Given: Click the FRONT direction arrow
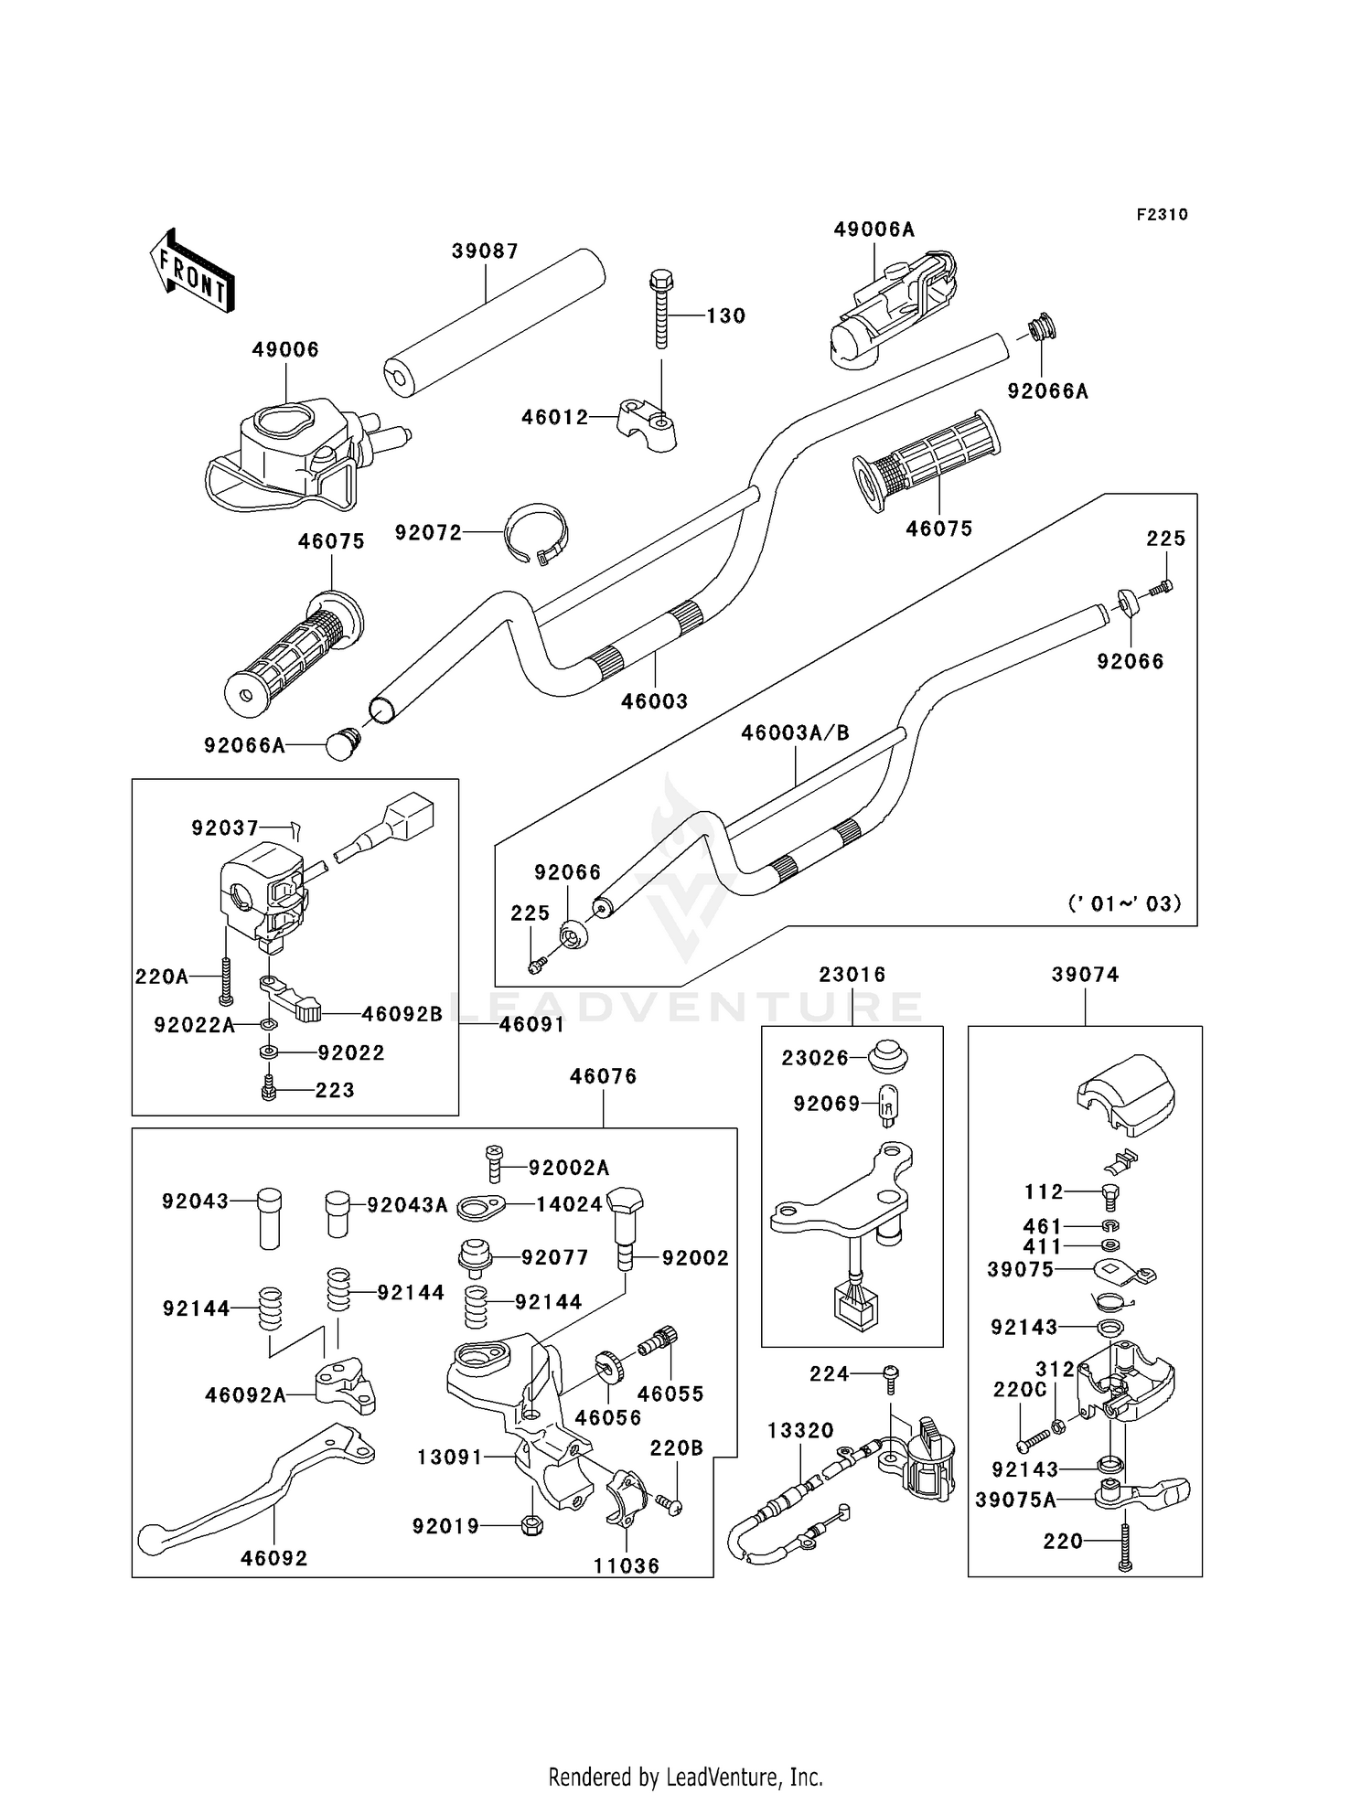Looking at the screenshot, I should pyautogui.click(x=192, y=272).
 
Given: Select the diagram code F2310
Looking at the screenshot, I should pyautogui.click(x=1162, y=215).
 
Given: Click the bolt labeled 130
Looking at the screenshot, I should pyautogui.click(x=660, y=308).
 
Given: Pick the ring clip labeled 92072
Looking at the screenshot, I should pyautogui.click(x=538, y=532).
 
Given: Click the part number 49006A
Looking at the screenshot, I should pyautogui.click(x=874, y=230).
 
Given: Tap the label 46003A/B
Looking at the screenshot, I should pyautogui.click(x=795, y=732).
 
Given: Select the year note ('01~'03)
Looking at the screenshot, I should pyautogui.click(x=1124, y=903).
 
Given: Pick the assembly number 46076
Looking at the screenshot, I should pyautogui.click(x=603, y=1076).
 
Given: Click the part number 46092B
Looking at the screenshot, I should pyautogui.click(x=402, y=1014).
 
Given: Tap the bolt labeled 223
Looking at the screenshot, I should pyautogui.click(x=269, y=1090).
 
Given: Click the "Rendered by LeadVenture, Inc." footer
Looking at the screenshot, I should pyautogui.click(x=685, y=1776).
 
